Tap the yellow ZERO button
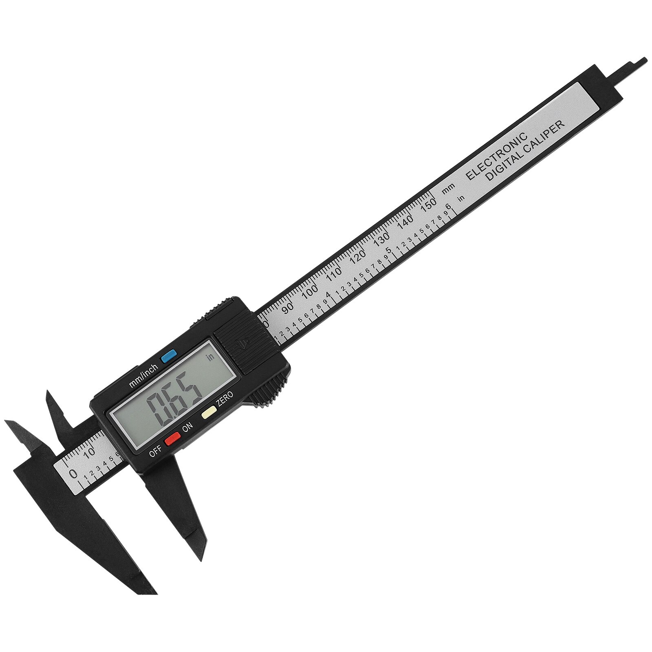[209, 412]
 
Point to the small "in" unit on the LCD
[210, 358]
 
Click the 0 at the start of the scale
[73, 474]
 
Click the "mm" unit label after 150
[448, 188]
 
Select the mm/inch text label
[143, 376]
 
